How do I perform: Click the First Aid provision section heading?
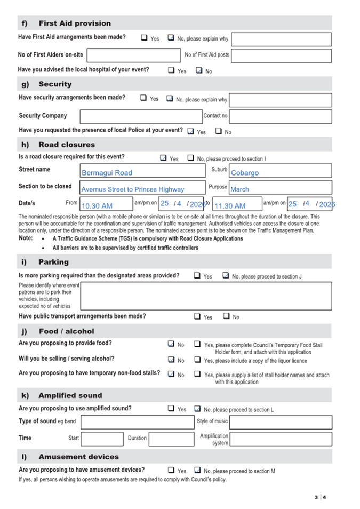[x=74, y=23]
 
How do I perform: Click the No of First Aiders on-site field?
[x=134, y=55]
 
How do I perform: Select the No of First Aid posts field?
[x=281, y=55]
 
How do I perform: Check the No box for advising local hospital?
[x=199, y=70]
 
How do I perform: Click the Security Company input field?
[x=141, y=116]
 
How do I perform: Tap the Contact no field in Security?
[x=281, y=116]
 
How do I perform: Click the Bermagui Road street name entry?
[x=142, y=171]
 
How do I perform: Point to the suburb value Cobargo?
[x=280, y=171]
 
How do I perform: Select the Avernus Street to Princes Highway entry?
[x=142, y=187]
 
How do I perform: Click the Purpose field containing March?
[x=280, y=187]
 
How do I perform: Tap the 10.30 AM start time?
[x=106, y=204]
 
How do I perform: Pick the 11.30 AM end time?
[x=237, y=204]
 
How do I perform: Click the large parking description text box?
[x=206, y=296]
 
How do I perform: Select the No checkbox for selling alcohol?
[x=171, y=360]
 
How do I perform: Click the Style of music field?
[x=281, y=423]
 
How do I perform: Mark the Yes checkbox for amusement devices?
[x=171, y=470]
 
